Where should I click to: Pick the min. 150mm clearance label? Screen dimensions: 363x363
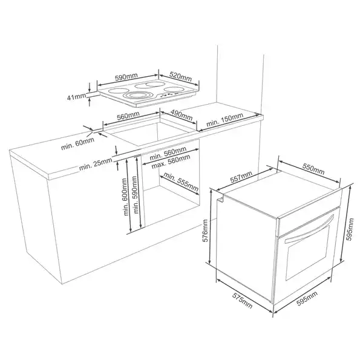(225, 120)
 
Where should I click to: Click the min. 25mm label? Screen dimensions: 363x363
(96, 163)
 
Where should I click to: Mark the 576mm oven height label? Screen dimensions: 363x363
(206, 231)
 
